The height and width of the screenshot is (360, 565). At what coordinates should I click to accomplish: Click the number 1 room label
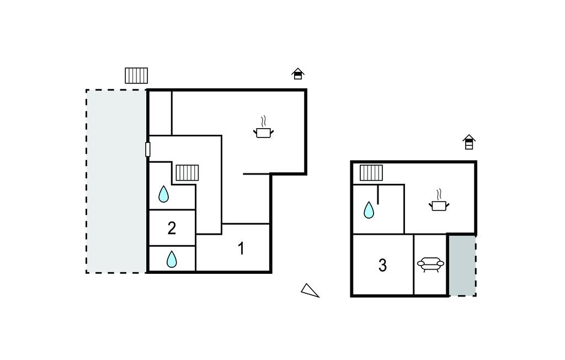[241, 248]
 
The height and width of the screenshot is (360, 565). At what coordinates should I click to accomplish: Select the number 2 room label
[172, 228]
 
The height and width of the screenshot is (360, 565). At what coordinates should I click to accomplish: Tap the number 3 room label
[382, 266]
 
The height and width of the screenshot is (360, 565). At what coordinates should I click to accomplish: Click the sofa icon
[431, 264]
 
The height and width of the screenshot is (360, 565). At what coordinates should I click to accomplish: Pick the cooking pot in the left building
[264, 132]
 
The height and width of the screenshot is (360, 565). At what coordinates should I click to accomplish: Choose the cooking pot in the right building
[439, 205]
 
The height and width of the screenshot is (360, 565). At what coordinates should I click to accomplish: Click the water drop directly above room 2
[164, 194]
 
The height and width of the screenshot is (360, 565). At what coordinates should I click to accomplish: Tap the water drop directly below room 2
[172, 259]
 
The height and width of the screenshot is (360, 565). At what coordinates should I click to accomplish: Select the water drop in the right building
[369, 210]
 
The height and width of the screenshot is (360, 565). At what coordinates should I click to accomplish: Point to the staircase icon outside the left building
[136, 75]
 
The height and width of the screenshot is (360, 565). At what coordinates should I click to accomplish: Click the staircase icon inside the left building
[187, 172]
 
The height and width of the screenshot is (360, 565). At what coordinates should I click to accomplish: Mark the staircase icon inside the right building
[371, 173]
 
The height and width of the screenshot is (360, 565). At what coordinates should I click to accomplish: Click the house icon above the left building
[298, 73]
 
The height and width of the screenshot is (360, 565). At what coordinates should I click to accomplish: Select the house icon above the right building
[469, 142]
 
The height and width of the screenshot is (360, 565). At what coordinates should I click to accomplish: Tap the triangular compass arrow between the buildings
[310, 290]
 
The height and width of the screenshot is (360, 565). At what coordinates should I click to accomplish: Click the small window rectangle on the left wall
[148, 149]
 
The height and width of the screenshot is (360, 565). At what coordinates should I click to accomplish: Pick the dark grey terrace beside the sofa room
[461, 265]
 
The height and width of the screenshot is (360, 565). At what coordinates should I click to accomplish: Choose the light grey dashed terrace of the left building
[116, 181]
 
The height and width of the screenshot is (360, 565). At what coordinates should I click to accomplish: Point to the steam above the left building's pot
[264, 120]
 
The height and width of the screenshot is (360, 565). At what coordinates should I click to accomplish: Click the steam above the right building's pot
[440, 194]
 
